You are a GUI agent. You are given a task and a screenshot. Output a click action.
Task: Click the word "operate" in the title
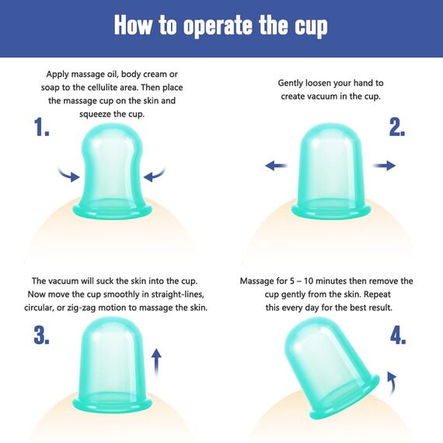218,26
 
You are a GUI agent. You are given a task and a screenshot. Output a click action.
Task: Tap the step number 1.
41,127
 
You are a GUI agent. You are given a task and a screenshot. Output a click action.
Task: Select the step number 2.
397,127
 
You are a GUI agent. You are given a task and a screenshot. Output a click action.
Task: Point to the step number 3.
41,335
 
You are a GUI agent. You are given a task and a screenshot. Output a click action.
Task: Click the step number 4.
398,335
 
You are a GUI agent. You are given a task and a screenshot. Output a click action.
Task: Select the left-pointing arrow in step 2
277,166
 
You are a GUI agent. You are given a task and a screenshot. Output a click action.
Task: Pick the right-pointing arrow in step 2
384,166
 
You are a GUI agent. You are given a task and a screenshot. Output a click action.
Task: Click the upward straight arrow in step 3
156,362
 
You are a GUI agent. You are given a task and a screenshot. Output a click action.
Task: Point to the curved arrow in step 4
392,383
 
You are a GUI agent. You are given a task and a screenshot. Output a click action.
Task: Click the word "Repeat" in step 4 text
377,295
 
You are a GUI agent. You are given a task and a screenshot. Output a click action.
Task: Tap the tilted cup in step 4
331,368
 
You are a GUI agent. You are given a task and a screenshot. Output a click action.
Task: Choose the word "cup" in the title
311,28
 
